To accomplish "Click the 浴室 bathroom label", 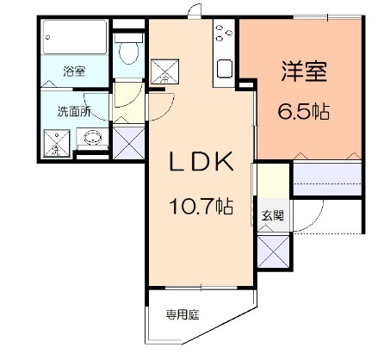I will [74, 72].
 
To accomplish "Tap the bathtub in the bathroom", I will [76, 40].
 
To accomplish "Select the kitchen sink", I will [226, 68].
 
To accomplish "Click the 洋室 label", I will [303, 73].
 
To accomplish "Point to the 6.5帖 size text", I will [303, 110].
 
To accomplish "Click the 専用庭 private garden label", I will [183, 313].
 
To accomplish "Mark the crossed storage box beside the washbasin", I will [129, 140].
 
